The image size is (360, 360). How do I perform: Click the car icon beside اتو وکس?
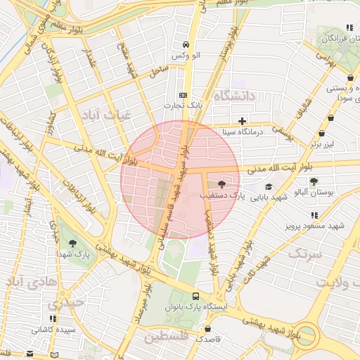(185, 42)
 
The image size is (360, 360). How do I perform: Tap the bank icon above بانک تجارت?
(184, 95)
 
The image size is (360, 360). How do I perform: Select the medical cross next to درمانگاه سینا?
(243, 121)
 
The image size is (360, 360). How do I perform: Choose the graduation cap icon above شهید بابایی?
(268, 186)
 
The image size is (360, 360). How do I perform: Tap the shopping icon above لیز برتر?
(321, 133)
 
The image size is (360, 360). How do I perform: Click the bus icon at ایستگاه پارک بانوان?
(196, 296)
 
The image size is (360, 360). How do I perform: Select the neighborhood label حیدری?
(65, 304)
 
